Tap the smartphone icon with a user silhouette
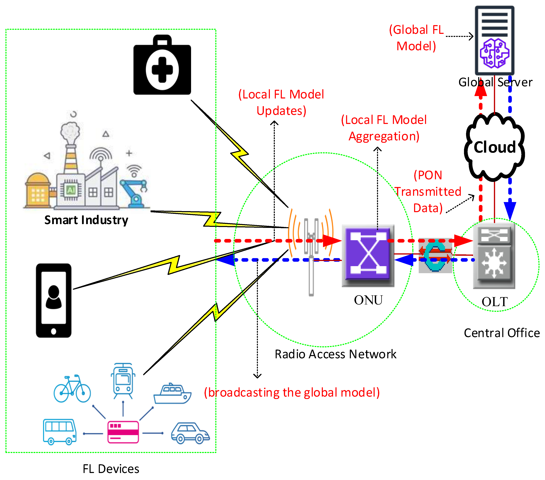tap(54, 301)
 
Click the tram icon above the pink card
tap(123, 381)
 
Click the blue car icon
tap(190, 433)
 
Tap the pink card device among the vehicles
tap(123, 432)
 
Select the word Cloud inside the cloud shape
tap(495, 147)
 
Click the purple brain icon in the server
tap(494, 53)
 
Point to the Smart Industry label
tap(86, 220)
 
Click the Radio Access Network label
tap(335, 354)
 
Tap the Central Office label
tap(502, 333)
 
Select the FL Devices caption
tap(111, 469)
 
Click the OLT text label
tap(495, 302)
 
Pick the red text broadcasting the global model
tap(292, 392)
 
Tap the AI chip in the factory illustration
tap(71, 190)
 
